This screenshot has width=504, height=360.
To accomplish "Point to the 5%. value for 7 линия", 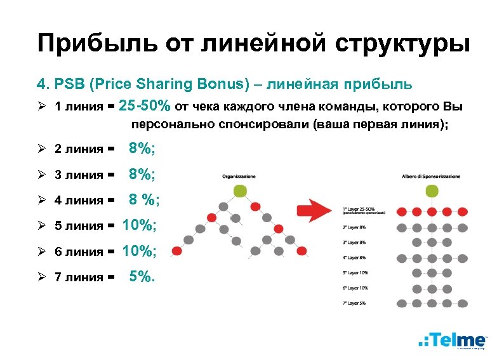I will point(142,276).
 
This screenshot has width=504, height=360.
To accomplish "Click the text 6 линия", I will point(79,252).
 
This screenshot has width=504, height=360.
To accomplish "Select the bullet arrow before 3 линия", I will point(42,175).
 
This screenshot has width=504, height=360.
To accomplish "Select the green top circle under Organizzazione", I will point(239,190).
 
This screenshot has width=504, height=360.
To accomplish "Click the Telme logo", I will point(453,340).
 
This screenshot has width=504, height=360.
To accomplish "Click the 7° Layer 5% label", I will point(354,304).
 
